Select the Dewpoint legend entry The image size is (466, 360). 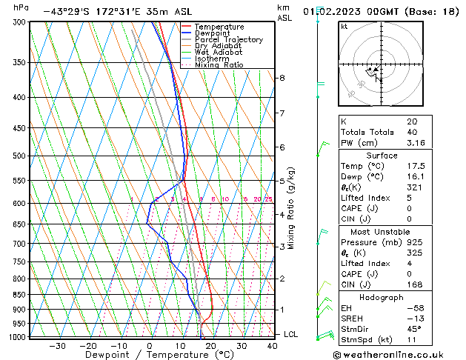pyautogui.click(x=213, y=33)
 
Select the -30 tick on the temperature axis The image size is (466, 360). pyautogui.click(x=57, y=346)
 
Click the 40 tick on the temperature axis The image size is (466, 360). pyautogui.click(x=273, y=346)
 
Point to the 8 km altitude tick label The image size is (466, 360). pyautogui.click(x=282, y=78)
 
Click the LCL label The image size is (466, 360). pyautogui.click(x=291, y=335)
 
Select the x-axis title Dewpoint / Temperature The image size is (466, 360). pyautogui.click(x=149, y=356)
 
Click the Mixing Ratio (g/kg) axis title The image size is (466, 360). pyautogui.click(x=292, y=208)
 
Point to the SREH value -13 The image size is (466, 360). pyautogui.click(x=413, y=319)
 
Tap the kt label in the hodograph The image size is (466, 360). pyautogui.click(x=344, y=27)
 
